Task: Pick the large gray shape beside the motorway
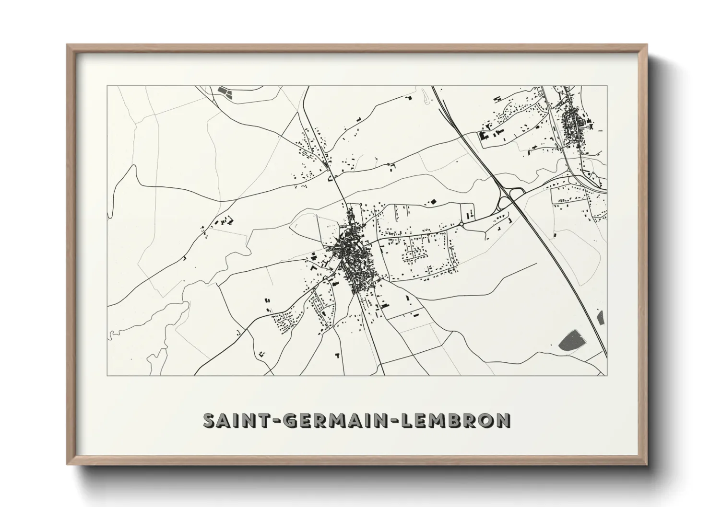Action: tap(572, 340)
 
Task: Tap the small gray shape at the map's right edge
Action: tap(600, 318)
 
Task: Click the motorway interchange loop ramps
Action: tap(509, 197)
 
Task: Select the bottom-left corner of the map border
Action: tap(107, 376)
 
